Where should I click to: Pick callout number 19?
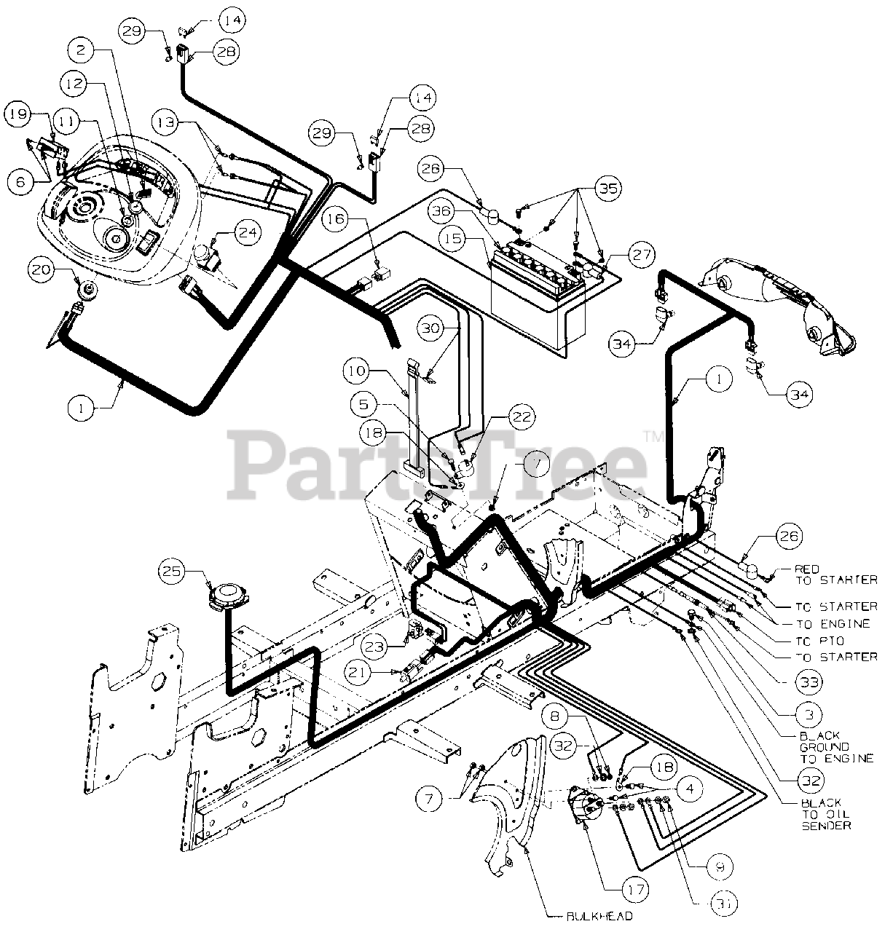[x=20, y=114]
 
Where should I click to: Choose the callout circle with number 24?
[x=246, y=233]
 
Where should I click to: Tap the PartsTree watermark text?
[x=437, y=457]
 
